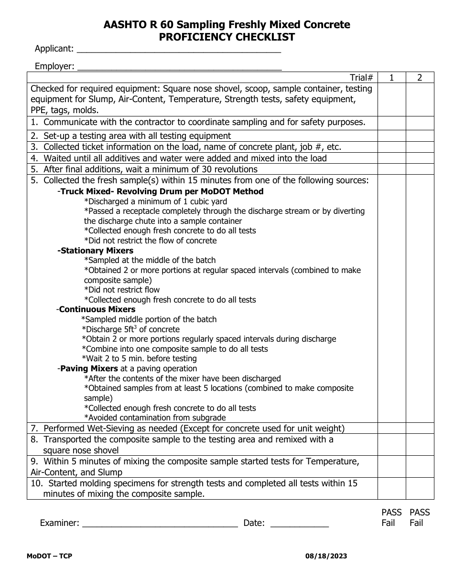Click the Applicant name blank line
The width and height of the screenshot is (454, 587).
178,50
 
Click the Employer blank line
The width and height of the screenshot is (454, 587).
179,67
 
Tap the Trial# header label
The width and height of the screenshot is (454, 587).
361,78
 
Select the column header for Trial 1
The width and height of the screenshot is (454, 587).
391,78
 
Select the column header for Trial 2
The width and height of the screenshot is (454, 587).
420,78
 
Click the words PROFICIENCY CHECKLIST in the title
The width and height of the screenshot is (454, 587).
227,37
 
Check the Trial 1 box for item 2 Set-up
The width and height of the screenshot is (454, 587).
391,136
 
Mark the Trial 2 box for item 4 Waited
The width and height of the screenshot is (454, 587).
420,158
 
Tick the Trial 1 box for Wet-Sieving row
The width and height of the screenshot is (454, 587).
391,429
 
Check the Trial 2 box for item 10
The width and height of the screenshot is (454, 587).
420,489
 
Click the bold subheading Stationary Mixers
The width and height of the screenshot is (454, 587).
96,251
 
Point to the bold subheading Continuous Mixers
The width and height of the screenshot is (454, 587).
97,309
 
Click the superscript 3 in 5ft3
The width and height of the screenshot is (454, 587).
121,327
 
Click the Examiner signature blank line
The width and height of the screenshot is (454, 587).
160,524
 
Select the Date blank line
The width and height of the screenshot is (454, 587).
299,524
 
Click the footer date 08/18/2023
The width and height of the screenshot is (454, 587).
326,556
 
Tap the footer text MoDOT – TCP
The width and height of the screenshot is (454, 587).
49,556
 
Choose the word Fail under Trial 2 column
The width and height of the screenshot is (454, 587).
416,523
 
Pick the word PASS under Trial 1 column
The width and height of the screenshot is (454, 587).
391,513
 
